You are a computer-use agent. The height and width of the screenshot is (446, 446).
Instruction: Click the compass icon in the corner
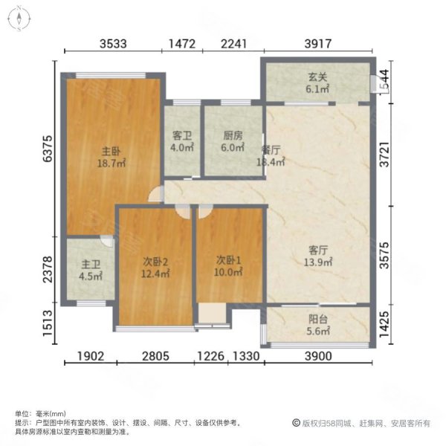(16, 17)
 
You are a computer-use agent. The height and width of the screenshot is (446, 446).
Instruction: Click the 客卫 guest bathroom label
(183, 135)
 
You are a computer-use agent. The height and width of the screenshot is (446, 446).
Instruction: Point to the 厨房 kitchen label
(233, 135)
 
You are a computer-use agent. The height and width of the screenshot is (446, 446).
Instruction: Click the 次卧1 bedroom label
(229, 260)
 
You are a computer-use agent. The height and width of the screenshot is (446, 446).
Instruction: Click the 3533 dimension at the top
(114, 44)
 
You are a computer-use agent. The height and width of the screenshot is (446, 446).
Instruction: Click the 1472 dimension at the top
(182, 44)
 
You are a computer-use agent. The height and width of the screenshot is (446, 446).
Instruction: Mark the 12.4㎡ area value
(156, 274)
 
